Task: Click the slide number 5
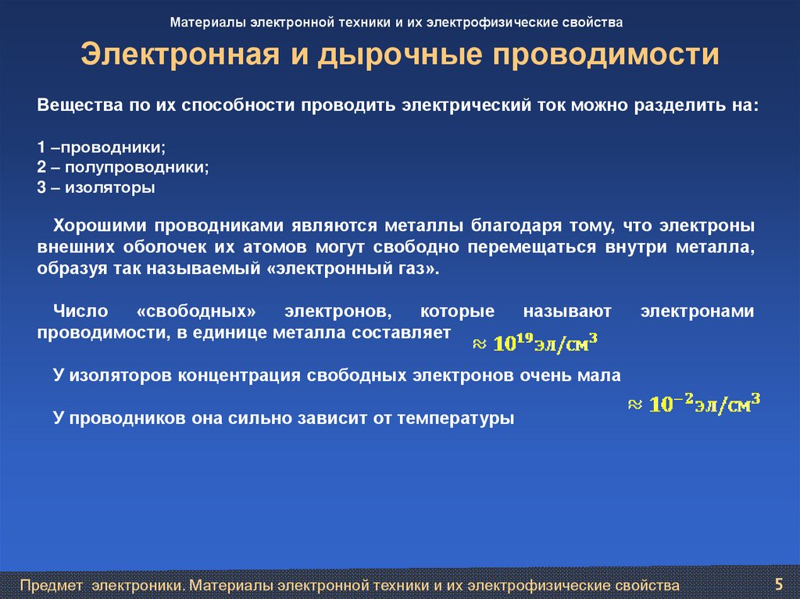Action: (x=778, y=583)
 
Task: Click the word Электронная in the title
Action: (x=177, y=55)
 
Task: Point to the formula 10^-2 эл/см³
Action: (x=695, y=404)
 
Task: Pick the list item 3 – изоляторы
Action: (x=96, y=187)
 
